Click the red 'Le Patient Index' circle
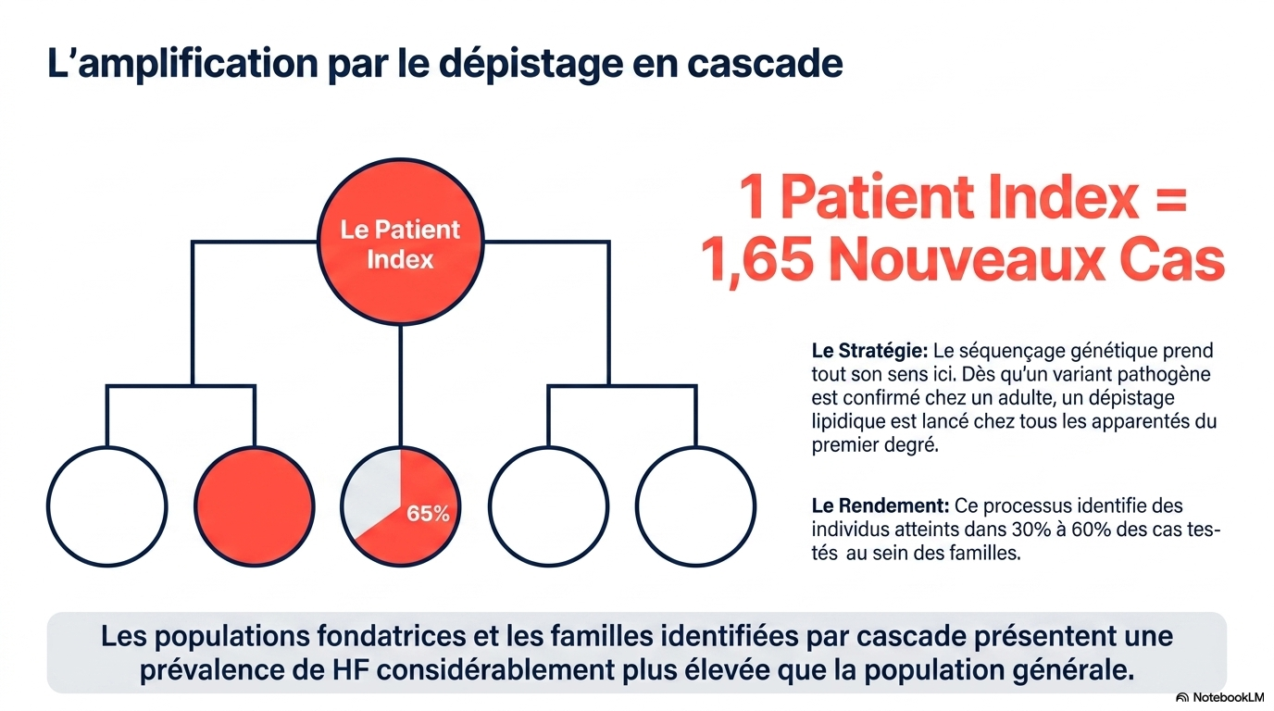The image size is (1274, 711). (x=400, y=242)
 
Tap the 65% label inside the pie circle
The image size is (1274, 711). (x=428, y=514)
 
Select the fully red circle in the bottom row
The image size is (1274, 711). (x=255, y=506)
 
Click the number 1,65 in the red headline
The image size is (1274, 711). (x=756, y=260)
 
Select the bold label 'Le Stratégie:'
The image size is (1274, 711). (x=869, y=350)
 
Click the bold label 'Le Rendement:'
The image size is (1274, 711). (x=881, y=505)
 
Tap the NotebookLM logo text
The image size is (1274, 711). (x=1229, y=697)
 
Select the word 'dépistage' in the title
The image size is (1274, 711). (x=531, y=64)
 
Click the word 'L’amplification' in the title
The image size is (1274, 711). (x=182, y=64)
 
